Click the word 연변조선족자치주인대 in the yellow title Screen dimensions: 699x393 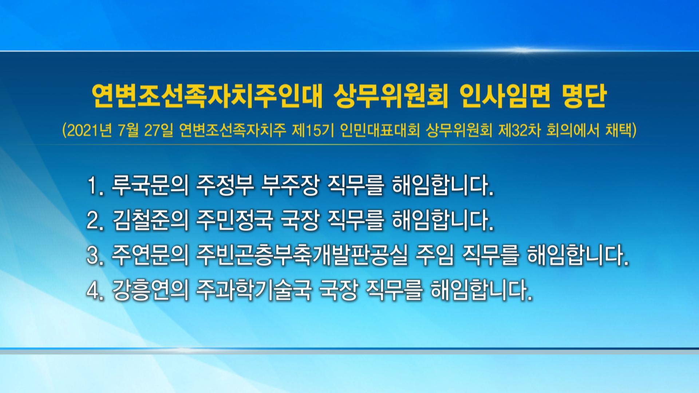(207, 96)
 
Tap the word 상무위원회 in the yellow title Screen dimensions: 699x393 (391, 96)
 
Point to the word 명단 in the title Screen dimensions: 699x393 (584, 96)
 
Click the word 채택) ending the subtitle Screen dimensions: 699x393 (621, 130)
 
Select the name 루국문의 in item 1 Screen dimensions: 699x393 (150, 186)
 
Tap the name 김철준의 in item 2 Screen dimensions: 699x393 (150, 221)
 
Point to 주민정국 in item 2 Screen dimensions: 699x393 (234, 221)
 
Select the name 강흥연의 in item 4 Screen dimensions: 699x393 (150, 290)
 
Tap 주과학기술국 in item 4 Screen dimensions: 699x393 (254, 290)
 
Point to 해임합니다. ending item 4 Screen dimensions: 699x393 (481, 290)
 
